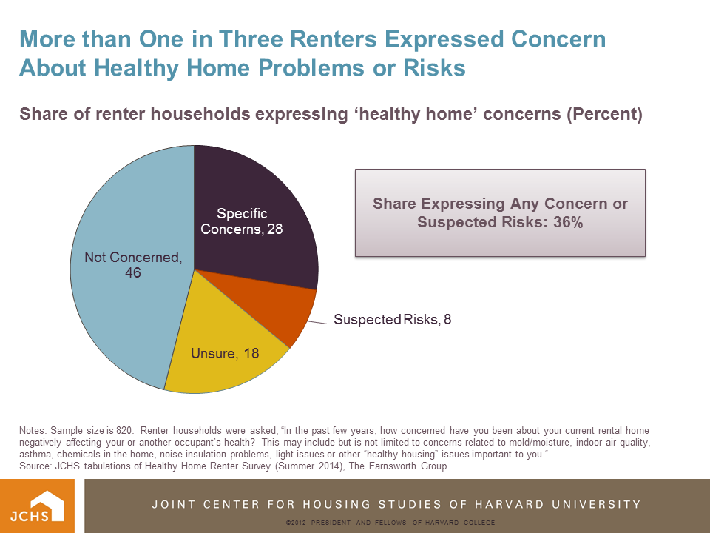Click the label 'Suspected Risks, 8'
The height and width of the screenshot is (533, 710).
tap(393, 320)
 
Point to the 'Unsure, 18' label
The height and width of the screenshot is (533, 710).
tap(225, 354)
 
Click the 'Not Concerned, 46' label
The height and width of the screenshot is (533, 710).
tap(133, 265)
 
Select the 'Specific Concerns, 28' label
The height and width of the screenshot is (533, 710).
tap(242, 221)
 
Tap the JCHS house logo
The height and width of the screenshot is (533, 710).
tap(38, 506)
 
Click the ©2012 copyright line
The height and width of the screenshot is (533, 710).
tap(390, 523)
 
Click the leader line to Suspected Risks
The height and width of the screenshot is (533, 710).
tap(319, 322)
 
